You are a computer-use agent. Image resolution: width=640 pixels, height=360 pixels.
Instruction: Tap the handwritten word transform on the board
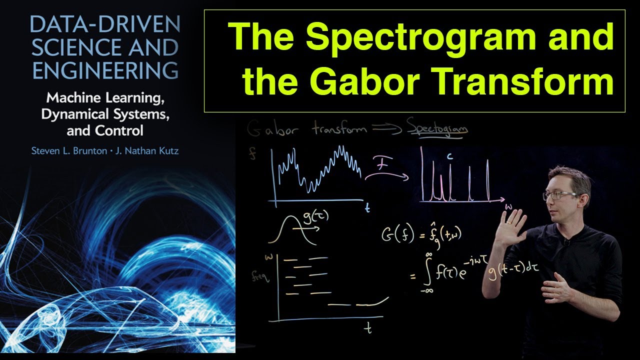click(340, 129)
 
